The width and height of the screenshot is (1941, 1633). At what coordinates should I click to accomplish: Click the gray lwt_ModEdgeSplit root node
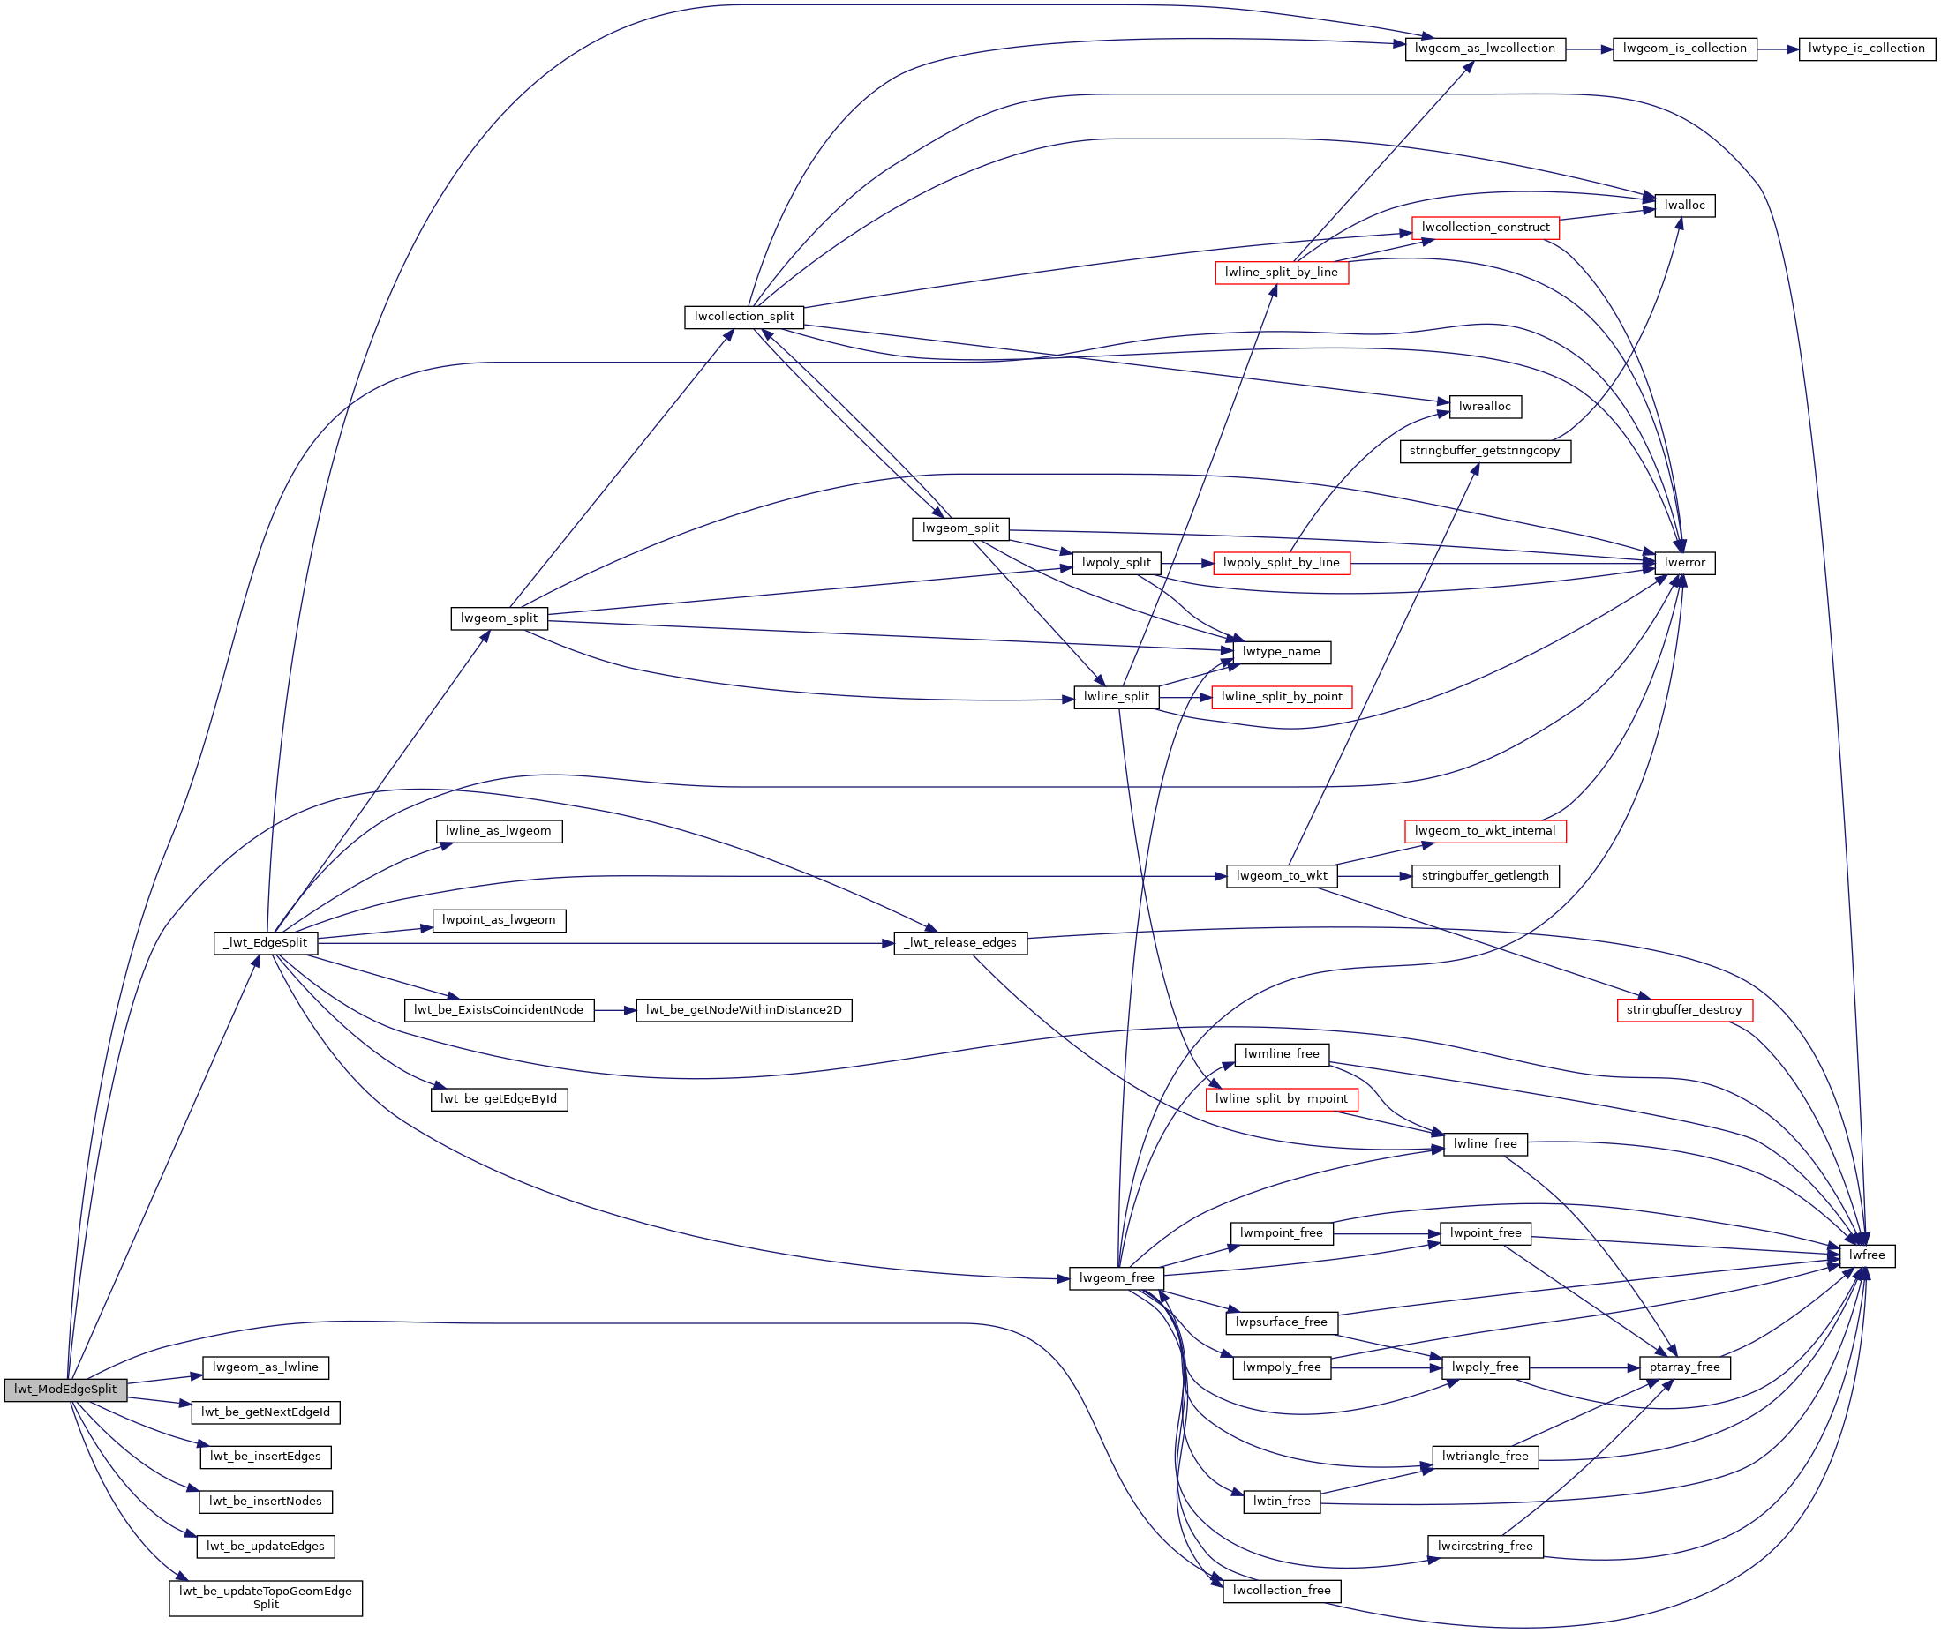[x=65, y=1390]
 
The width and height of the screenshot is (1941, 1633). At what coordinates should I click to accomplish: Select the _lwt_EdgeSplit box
[x=266, y=943]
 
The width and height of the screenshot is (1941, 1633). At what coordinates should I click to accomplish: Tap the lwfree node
[x=1867, y=1256]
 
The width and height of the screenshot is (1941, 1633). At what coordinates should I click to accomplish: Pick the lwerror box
[x=1684, y=563]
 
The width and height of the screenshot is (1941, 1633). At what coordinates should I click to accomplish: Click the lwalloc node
[x=1684, y=206]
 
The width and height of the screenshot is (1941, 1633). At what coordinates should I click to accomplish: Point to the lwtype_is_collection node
[x=1866, y=49]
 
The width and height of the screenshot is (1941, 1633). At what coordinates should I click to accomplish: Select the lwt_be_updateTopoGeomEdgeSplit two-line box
[x=266, y=1598]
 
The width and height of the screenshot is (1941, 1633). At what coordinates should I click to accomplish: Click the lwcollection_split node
[x=743, y=317]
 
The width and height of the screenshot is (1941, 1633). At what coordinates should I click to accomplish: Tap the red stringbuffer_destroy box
[x=1683, y=1010]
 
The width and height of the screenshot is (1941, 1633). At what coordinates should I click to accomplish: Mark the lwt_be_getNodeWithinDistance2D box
[x=743, y=1010]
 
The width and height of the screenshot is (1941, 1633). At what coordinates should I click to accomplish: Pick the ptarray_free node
[x=1683, y=1367]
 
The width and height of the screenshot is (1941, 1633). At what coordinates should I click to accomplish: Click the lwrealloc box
[x=1485, y=407]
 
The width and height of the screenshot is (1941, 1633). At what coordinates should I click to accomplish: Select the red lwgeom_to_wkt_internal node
[x=1485, y=831]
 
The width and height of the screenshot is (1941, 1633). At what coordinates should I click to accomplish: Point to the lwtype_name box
[x=1281, y=653]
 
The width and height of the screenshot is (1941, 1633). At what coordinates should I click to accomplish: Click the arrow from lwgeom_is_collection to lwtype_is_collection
[x=1777, y=49]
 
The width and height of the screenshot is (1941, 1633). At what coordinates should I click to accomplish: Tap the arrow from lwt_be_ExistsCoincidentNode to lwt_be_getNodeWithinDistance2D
[x=615, y=1011]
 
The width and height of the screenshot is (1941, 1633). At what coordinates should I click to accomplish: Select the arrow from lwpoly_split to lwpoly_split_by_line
[x=1186, y=563]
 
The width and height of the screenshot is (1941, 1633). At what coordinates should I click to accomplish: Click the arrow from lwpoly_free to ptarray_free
[x=1584, y=1368]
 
